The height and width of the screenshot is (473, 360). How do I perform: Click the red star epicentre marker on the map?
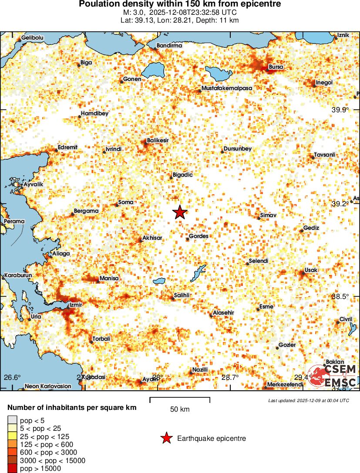coord(180,212)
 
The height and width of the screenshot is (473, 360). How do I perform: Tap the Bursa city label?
coord(276,67)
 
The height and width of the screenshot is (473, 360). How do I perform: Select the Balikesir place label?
coord(158,141)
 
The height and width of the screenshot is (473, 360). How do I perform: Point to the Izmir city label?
coord(76,305)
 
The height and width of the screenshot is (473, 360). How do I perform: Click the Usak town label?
coord(311,270)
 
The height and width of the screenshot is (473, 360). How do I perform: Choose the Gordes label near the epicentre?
coord(199,236)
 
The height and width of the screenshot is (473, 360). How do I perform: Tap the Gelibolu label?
coord(33,38)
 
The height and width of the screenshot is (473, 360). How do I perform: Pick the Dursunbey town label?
coord(237,149)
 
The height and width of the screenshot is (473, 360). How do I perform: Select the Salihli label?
coord(182,295)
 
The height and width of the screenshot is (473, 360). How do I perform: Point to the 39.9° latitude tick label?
coord(340,110)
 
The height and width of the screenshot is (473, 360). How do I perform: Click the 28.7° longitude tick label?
coord(230,377)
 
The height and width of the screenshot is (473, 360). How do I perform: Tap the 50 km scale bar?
coord(180,398)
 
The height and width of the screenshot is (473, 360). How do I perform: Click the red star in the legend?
coord(166,438)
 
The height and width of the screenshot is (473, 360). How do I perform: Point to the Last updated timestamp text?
coord(309,400)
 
